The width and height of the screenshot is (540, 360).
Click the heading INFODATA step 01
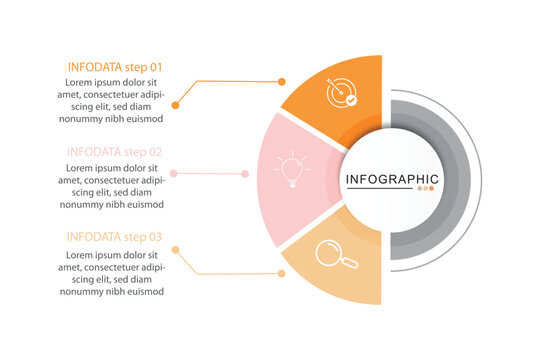click(x=115, y=67)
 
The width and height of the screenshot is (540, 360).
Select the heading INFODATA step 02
click(x=115, y=152)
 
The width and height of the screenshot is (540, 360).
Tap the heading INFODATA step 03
click(x=115, y=237)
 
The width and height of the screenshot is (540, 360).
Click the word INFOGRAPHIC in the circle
click(x=391, y=180)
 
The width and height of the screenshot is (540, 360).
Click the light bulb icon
click(x=292, y=169)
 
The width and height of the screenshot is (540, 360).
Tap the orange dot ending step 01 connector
click(x=175, y=104)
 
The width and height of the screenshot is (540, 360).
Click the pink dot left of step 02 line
click(x=174, y=174)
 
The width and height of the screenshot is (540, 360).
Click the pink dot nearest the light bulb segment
click(x=245, y=174)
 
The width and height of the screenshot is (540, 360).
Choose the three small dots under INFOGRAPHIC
click(x=426, y=188)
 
